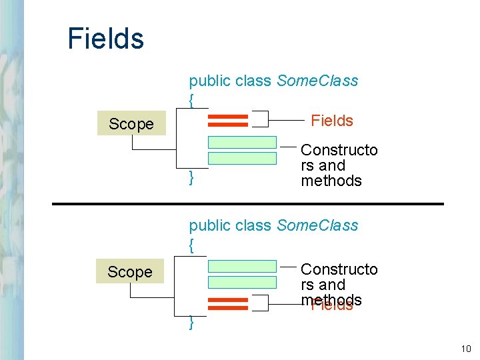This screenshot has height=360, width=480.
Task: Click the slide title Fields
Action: click(x=105, y=39)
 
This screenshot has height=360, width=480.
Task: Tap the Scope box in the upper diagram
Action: click(x=131, y=124)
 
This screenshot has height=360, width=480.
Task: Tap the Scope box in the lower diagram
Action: click(x=130, y=272)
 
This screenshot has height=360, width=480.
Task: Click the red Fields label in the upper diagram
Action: click(x=332, y=121)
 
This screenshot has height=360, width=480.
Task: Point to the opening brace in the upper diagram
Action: click(x=192, y=100)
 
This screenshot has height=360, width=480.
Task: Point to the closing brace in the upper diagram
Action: click(x=192, y=178)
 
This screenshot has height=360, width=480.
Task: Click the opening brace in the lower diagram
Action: click(x=192, y=245)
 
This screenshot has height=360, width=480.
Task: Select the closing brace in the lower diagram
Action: click(x=192, y=323)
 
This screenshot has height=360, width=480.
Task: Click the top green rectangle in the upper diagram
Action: click(x=242, y=142)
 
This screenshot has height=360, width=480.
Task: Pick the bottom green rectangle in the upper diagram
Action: click(x=242, y=158)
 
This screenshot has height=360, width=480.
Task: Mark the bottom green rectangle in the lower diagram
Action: click(x=242, y=282)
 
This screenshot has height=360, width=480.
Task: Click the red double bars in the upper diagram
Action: click(x=228, y=121)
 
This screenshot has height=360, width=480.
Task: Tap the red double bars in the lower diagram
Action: click(x=228, y=304)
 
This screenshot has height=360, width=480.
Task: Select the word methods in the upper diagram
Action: click(x=331, y=181)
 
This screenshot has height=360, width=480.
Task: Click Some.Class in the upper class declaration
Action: click(x=317, y=81)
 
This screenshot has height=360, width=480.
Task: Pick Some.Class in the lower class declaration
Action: click(x=317, y=226)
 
